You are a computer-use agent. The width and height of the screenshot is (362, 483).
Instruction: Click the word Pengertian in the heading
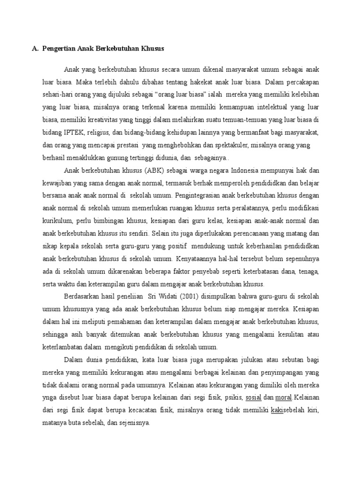[59, 49]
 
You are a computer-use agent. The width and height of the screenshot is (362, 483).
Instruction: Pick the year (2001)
[180, 297]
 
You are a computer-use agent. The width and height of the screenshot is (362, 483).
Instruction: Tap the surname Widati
[156, 297]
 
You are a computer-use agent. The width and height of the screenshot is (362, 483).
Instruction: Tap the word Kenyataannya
[197, 258]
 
